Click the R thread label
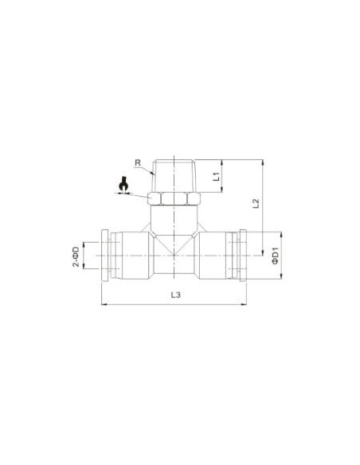pyautogui.click(x=138, y=162)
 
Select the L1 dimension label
pyautogui.click(x=217, y=177)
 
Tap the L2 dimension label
pyautogui.click(x=256, y=203)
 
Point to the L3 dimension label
pyautogui.click(x=175, y=295)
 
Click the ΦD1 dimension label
pyautogui.click(x=276, y=256)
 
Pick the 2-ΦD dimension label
pyautogui.click(x=76, y=257)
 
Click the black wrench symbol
pyautogui.click(x=123, y=185)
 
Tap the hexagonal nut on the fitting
pyautogui.click(x=174, y=199)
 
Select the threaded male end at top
pyautogui.click(x=174, y=177)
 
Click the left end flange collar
pyautogui.click(x=105, y=256)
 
